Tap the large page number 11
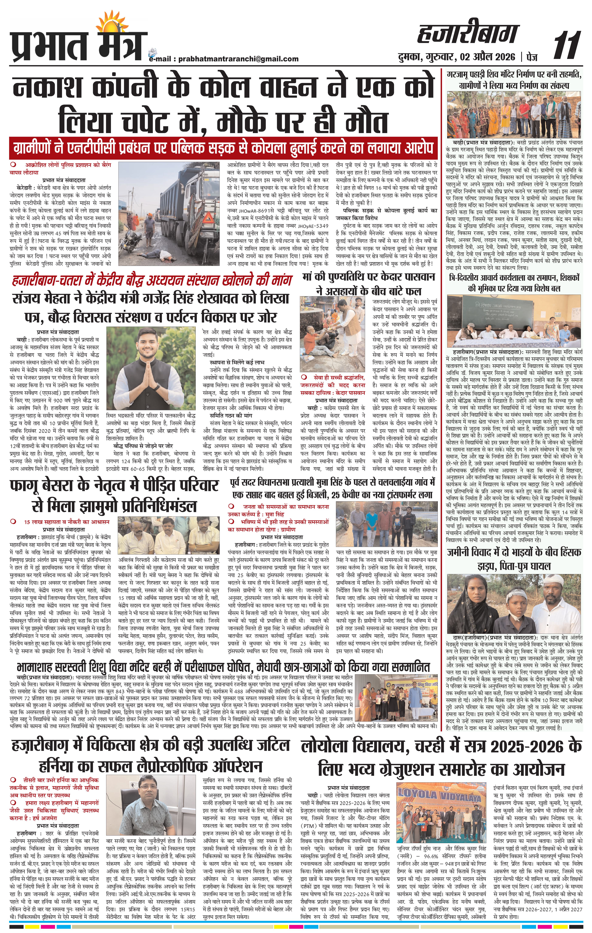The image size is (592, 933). pos(567,46)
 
